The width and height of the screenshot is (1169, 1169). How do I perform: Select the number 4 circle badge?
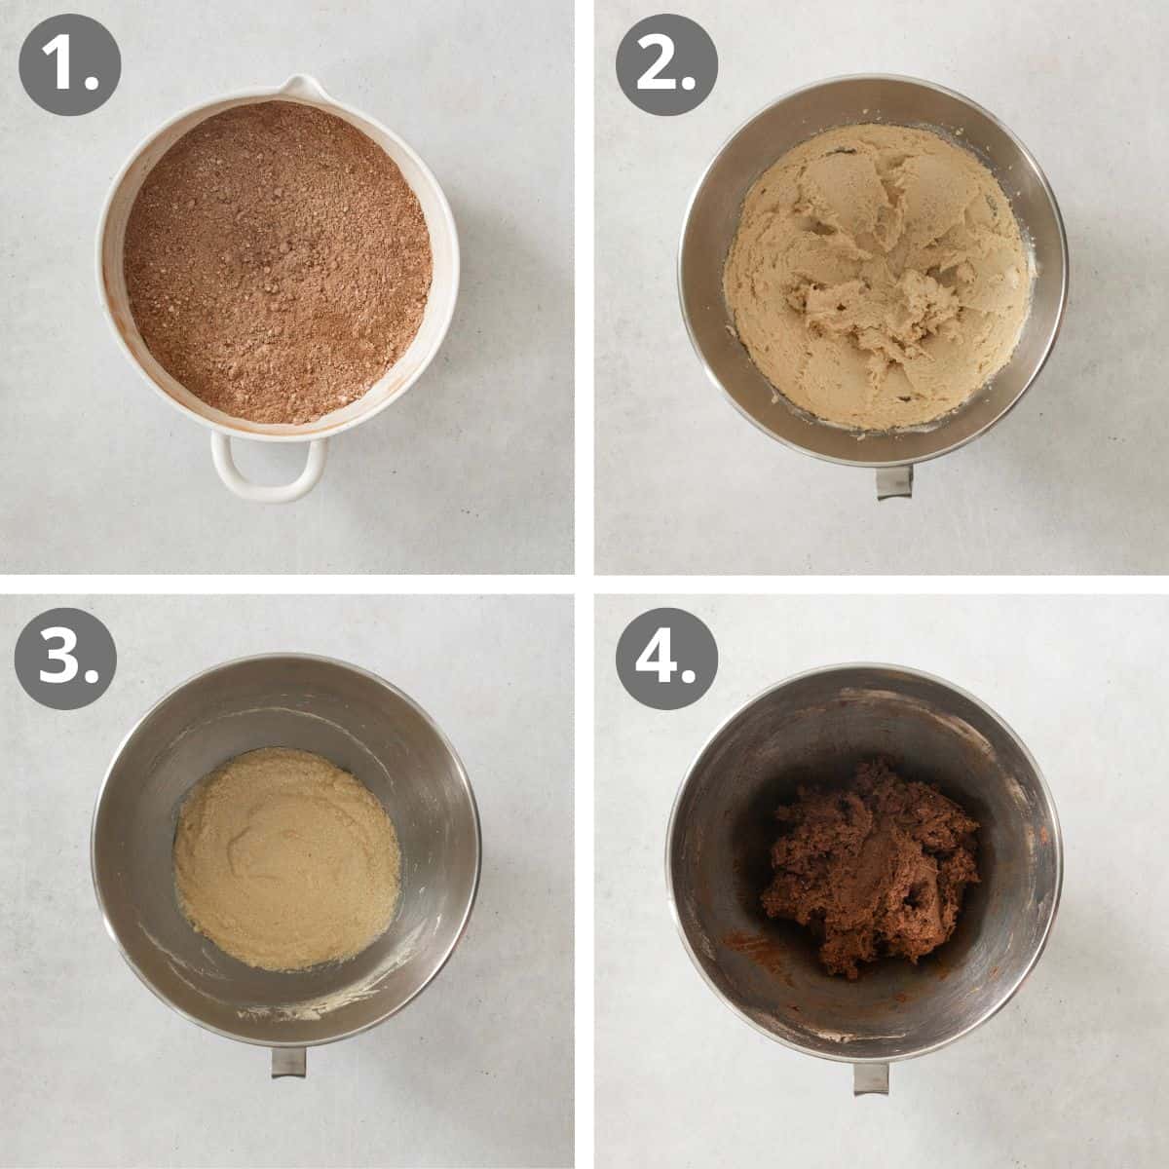tap(665, 660)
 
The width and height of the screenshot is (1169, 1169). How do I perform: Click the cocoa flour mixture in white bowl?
tap(278, 263)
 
